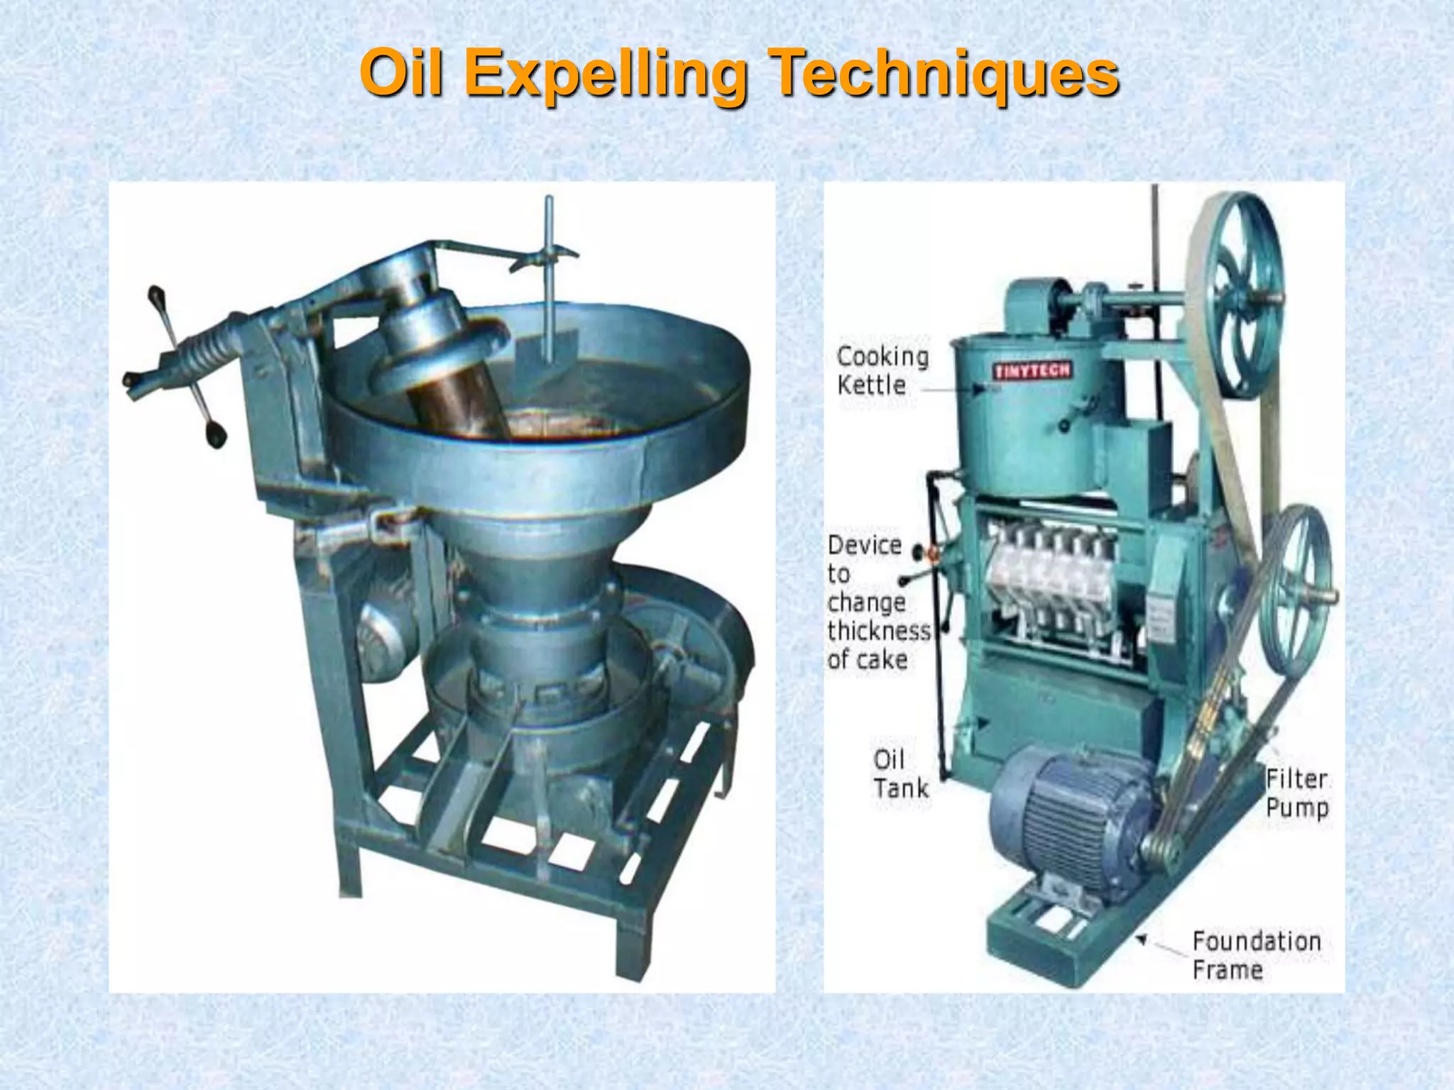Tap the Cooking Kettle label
(882, 370)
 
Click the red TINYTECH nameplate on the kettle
(1032, 370)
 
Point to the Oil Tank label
(900, 774)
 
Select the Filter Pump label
(1296, 793)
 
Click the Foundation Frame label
(1255, 955)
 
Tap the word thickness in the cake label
(879, 631)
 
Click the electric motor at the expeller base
(1065, 816)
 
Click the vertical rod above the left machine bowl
(549, 277)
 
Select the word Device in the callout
(865, 546)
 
